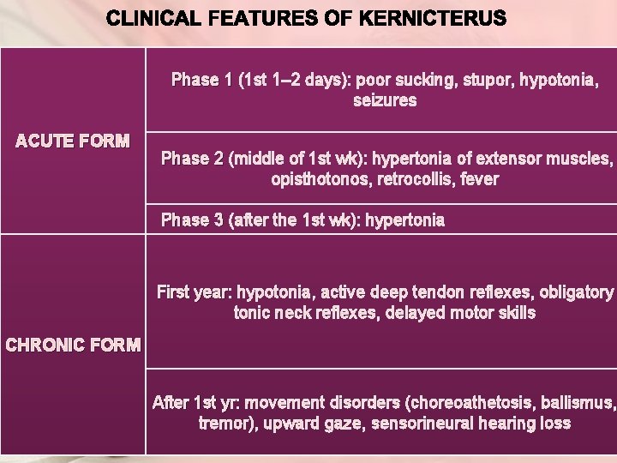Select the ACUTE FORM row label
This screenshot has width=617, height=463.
coord(73,141)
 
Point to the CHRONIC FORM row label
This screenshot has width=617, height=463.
coord(73,346)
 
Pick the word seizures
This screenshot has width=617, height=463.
coord(385,101)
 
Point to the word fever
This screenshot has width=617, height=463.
coord(481,180)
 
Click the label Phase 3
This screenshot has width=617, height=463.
coord(193,220)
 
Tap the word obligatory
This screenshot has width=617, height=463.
coord(577,292)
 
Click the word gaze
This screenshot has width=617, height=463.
coord(344,424)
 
